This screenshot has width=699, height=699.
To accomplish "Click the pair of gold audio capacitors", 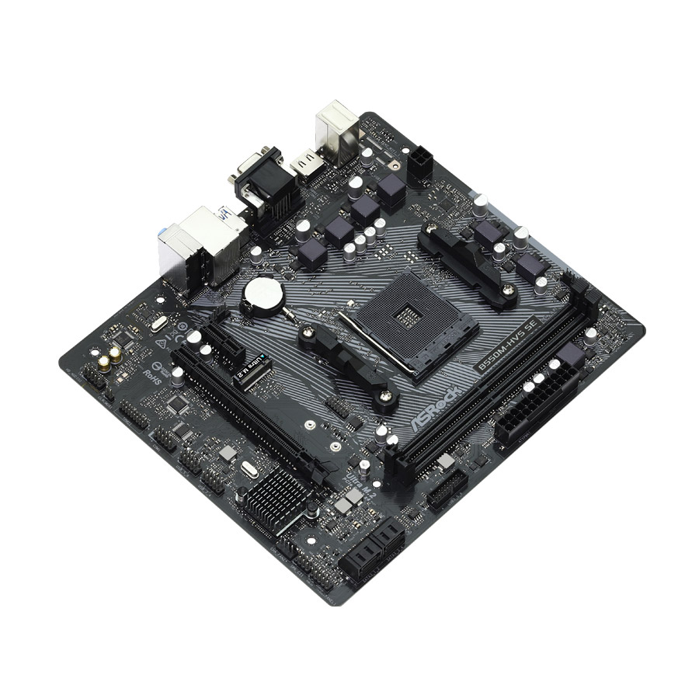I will pos(109,356).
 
